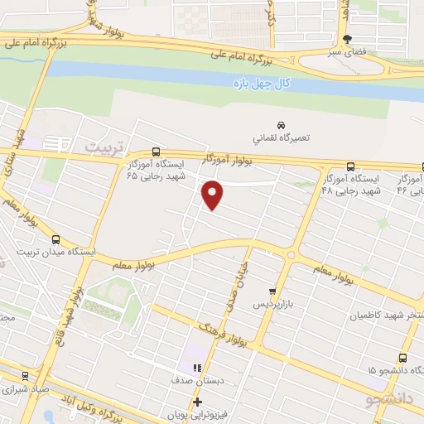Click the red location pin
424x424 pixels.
[x=213, y=194]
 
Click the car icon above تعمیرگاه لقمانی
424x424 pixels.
[x=280, y=125]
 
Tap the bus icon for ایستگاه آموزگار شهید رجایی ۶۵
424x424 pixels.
[x=134, y=176]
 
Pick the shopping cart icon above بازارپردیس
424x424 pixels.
[x=272, y=291]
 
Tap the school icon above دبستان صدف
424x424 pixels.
[x=196, y=369]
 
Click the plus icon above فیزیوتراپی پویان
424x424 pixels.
[x=196, y=403]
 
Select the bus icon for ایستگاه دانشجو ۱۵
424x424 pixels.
[x=402, y=358]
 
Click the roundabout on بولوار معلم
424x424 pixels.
[x=290, y=254]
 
